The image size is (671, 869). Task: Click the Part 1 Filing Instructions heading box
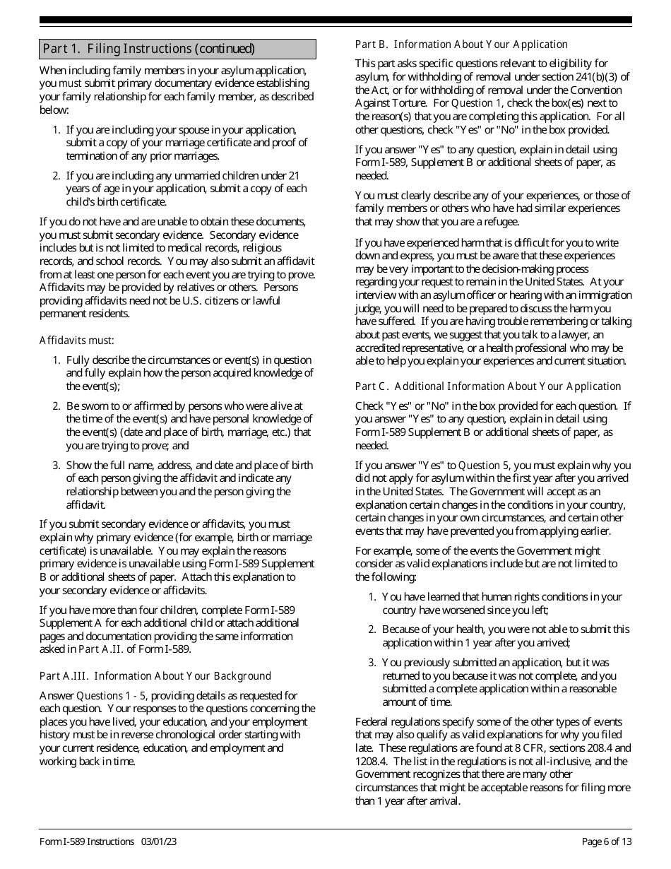point(177,49)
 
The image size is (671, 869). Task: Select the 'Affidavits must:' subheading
point(76,341)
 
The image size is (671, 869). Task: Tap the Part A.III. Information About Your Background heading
point(155,676)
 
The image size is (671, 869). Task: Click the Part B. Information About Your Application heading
point(461,45)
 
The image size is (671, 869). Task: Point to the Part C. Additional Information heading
point(487,386)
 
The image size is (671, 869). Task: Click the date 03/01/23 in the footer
point(159,841)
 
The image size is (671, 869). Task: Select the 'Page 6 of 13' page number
point(607,841)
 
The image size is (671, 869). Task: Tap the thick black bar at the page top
point(335,20)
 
